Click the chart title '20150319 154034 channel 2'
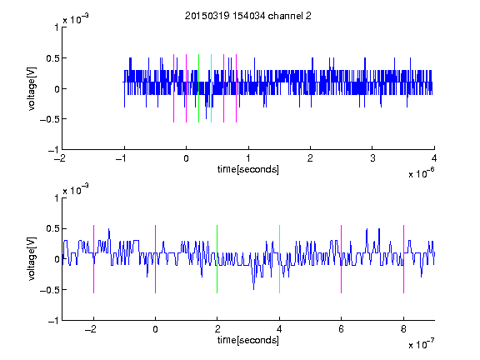(248, 16)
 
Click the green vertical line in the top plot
(198, 88)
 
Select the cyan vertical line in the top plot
(211, 88)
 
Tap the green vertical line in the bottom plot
(217, 259)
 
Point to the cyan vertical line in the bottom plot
(279, 259)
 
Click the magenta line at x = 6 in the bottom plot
(342, 259)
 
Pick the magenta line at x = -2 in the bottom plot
(93, 259)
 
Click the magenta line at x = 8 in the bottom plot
(404, 259)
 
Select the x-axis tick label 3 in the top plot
(372, 158)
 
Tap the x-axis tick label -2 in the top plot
(60, 158)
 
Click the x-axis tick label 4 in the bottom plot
(279, 329)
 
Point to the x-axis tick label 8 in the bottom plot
(403, 329)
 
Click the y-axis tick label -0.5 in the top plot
(49, 119)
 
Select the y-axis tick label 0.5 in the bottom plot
(52, 228)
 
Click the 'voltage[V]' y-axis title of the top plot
(32, 88)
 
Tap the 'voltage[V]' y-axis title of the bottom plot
(32, 258)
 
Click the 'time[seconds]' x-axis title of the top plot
(248, 169)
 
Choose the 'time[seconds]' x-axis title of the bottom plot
(248, 340)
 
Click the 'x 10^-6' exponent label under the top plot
(421, 172)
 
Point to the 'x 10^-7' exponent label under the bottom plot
(421, 343)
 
